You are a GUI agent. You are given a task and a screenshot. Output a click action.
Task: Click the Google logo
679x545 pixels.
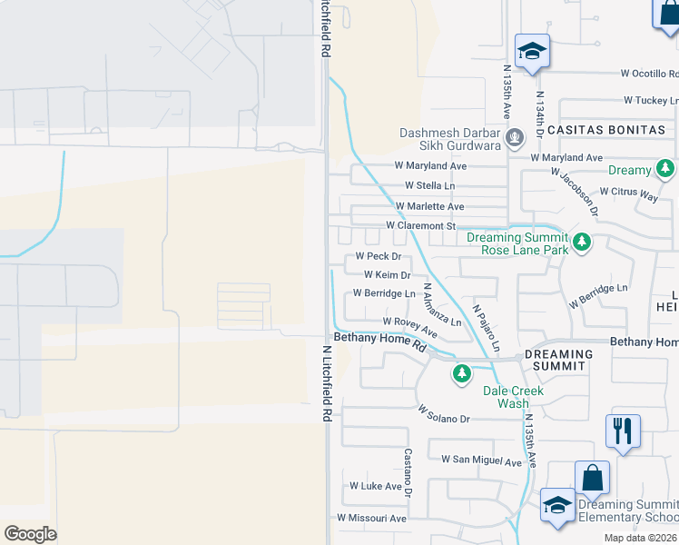point(30,534)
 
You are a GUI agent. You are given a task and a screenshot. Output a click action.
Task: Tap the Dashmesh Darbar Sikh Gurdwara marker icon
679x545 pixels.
point(515,138)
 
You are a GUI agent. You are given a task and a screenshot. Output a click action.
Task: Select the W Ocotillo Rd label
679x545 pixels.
point(649,73)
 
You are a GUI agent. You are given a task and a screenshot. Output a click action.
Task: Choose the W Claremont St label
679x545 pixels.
point(419,225)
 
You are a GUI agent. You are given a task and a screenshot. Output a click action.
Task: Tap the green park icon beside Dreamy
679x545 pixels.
point(665,169)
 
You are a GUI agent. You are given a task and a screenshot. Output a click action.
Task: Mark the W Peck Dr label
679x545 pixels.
point(378,256)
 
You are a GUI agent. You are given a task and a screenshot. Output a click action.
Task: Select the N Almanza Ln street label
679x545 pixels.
point(442,305)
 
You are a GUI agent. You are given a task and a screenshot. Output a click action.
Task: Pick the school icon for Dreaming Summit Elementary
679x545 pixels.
point(556,506)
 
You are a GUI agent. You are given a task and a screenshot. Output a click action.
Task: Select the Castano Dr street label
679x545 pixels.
point(408,466)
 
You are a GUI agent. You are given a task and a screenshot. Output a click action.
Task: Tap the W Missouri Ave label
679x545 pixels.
point(371,518)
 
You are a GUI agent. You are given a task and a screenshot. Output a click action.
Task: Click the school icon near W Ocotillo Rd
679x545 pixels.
point(531,51)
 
